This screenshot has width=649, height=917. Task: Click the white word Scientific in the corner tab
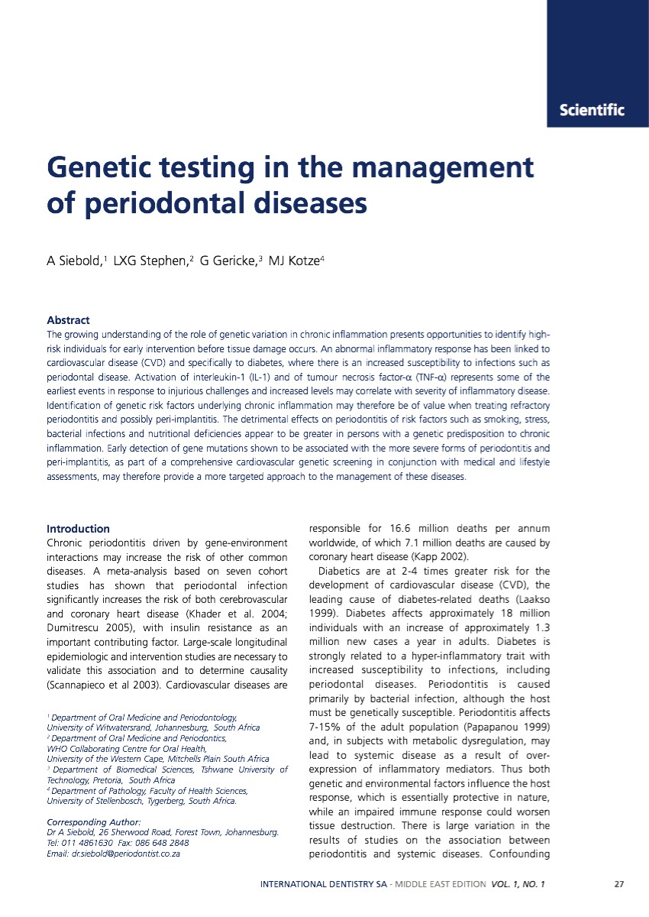click(x=592, y=110)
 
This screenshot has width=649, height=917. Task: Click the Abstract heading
click(x=68, y=320)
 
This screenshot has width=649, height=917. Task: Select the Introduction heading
click(x=78, y=529)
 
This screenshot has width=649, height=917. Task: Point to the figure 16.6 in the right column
click(x=402, y=529)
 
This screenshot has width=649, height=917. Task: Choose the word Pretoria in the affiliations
click(x=108, y=780)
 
